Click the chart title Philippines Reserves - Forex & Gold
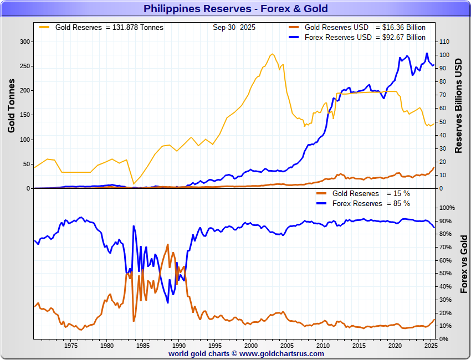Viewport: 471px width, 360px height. (x=235, y=8)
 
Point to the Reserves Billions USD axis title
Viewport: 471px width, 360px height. (x=458, y=105)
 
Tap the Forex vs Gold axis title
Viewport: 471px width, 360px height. (x=464, y=264)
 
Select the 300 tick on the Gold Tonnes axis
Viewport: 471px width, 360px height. (x=24, y=42)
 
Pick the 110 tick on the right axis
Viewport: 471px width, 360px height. (x=444, y=42)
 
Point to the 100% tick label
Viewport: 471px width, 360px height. (x=447, y=208)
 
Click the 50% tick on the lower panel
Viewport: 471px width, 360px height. (x=446, y=274)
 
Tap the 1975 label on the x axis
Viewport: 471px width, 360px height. (x=70, y=346)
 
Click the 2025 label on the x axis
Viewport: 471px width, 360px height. (x=431, y=346)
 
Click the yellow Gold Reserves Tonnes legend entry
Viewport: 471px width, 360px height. (x=109, y=27)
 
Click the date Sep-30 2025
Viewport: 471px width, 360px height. (x=234, y=27)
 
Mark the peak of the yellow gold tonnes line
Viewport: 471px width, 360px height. (x=272, y=54)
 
